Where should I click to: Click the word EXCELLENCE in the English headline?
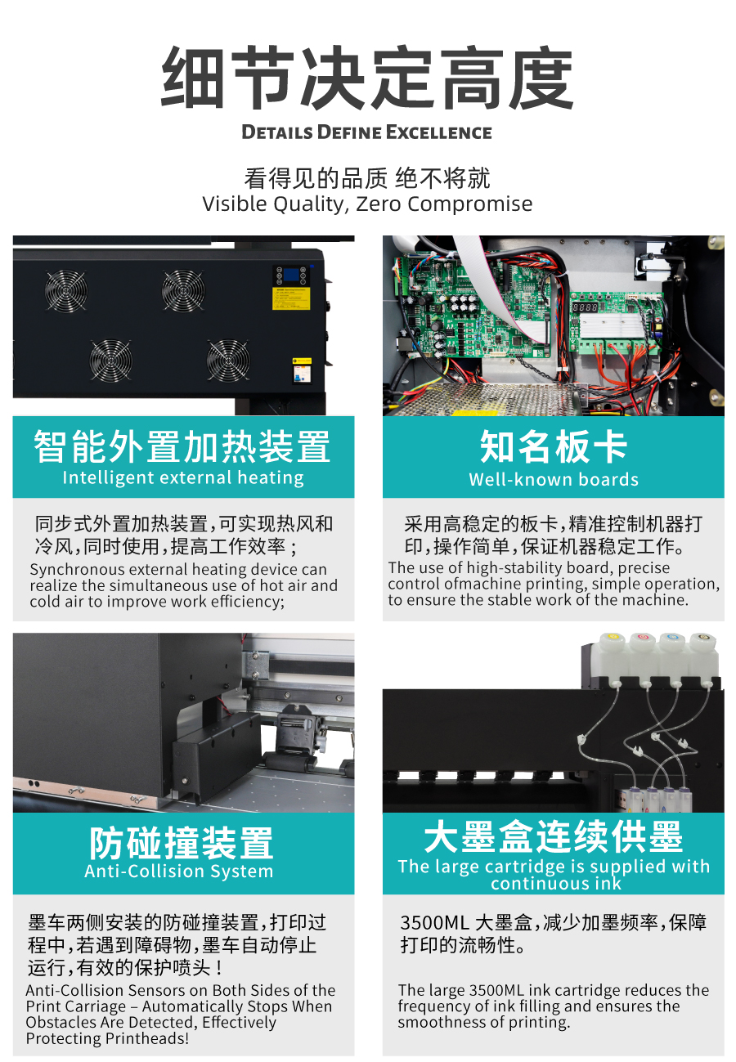point(438,132)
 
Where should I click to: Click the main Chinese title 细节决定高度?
point(367,78)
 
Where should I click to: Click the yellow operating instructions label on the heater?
point(290,298)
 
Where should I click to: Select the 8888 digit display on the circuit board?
point(585,307)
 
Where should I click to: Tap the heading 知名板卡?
point(553,446)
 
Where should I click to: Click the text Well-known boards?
point(554,479)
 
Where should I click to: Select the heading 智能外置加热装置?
point(182,446)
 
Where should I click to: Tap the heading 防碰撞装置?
point(182,844)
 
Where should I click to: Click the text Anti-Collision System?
point(179,872)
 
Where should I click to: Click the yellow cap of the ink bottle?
point(613,636)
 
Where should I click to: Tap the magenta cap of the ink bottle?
point(643,636)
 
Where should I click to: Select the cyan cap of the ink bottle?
point(673,637)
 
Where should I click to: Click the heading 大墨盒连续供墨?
point(553,837)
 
